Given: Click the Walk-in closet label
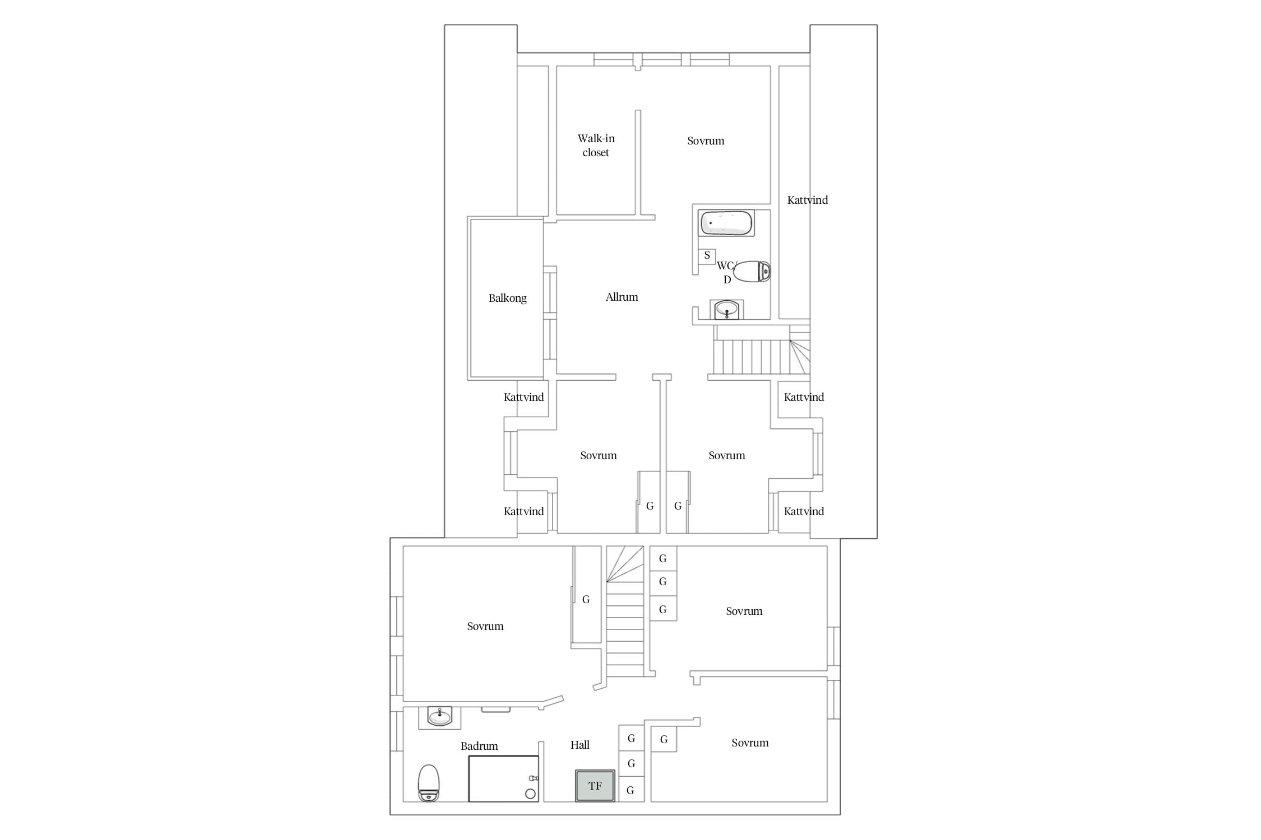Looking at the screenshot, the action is [x=596, y=145].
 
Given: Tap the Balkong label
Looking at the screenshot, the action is [x=507, y=298].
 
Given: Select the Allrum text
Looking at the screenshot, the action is [x=622, y=297].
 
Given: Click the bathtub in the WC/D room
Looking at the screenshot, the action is [x=726, y=223].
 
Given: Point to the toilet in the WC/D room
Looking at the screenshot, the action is [x=752, y=272].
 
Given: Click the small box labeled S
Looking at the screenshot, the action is [x=707, y=255].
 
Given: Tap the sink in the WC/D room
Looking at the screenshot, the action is [x=727, y=310].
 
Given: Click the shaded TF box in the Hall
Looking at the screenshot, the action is [x=595, y=786].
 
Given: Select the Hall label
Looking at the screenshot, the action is [x=580, y=745].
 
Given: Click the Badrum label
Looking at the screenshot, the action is [x=479, y=746].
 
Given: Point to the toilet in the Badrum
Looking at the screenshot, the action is [x=429, y=782].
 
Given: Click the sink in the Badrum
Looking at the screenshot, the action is [x=440, y=717].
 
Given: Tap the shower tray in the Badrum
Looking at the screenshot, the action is [x=503, y=778].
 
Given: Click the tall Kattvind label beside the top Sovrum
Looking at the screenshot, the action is [x=807, y=200].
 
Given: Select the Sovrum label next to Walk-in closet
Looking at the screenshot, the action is [x=706, y=141].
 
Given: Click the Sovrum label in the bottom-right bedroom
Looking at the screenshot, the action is [x=750, y=743].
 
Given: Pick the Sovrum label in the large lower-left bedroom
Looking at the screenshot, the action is [x=485, y=626].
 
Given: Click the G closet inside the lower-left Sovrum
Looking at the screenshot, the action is [x=586, y=599].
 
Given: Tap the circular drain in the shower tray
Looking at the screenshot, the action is [x=530, y=794].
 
